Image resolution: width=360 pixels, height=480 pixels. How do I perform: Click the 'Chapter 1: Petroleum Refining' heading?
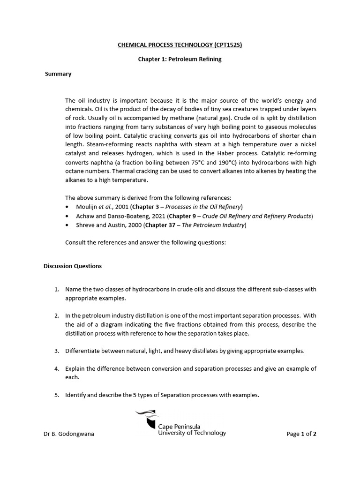click(180, 59)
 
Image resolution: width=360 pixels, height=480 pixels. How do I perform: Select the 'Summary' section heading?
click(58, 74)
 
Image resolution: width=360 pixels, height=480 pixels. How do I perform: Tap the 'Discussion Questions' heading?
click(72, 266)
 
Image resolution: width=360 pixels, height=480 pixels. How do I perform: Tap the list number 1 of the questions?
click(56, 289)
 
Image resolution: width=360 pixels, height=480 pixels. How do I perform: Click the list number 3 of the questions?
click(56, 351)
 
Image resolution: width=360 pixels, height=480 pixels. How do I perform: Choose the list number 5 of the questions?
click(56, 395)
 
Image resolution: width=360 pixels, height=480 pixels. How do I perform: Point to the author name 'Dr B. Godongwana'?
click(68, 434)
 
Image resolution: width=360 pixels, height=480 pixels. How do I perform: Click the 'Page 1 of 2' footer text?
click(301, 434)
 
